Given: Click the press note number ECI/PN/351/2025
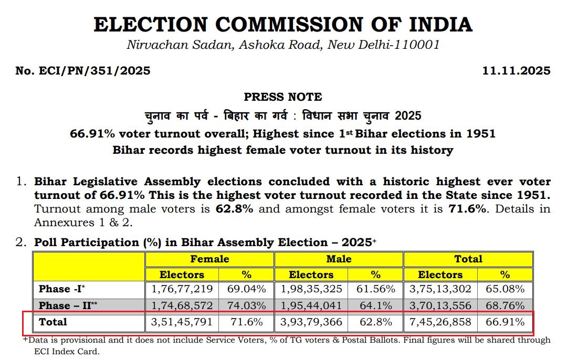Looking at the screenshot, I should (83, 71).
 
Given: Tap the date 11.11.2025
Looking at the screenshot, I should (516, 71).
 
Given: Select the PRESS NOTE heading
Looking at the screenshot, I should (283, 97).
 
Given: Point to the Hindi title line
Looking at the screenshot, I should (282, 115).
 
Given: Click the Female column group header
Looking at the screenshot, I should (209, 259).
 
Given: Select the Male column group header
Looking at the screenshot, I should (339, 259).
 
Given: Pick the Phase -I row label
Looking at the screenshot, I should (59, 289).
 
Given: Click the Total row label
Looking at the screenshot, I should (53, 322).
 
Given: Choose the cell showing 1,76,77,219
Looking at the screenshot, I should (182, 289).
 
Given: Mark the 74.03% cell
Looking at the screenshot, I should (247, 305).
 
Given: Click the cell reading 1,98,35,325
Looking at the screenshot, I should (311, 289).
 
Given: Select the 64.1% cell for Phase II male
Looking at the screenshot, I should (375, 305).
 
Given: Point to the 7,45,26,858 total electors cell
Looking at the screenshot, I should (440, 322).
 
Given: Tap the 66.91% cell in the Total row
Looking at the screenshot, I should (505, 322).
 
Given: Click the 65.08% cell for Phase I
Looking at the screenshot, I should (505, 289).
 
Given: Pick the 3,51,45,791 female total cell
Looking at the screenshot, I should (182, 322).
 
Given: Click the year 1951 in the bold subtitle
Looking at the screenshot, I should (478, 134).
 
